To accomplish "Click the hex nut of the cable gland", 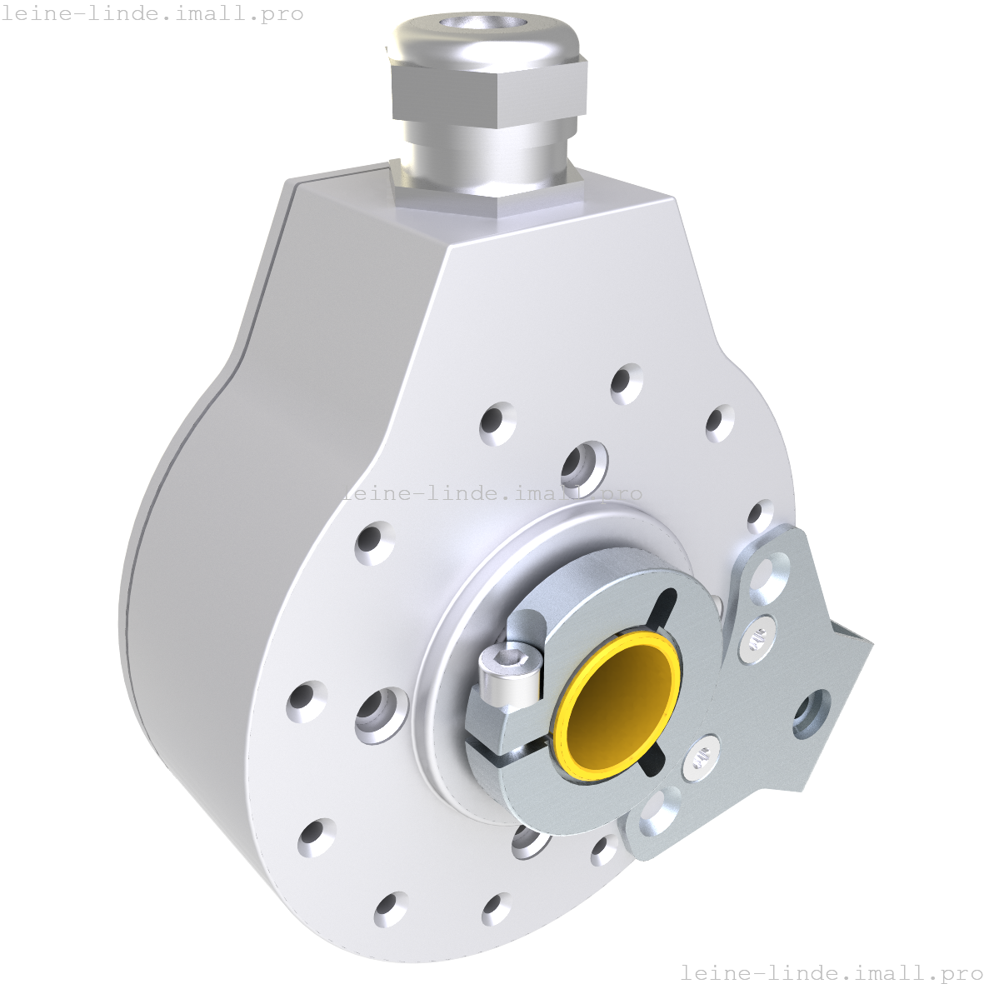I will pos(490,91).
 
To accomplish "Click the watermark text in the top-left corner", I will pos(152,14).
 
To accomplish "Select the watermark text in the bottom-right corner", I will pos(832,972).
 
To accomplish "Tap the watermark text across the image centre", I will pos(492,492).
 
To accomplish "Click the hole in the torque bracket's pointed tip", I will pos(812,713).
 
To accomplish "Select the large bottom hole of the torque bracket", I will pos(658,813).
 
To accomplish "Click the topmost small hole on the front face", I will pos(626,383).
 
